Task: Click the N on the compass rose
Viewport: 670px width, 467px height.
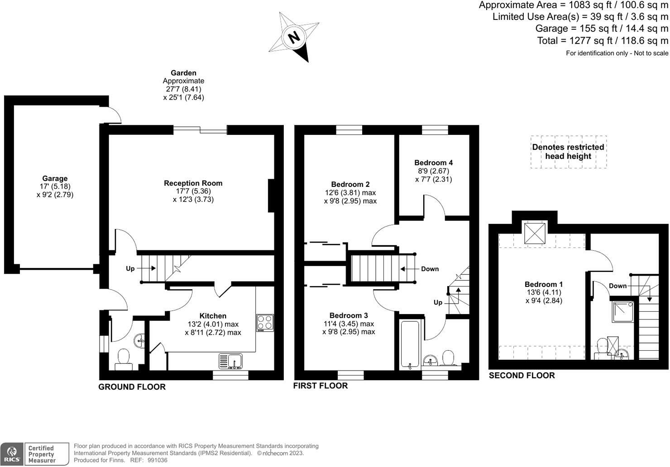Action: pyautogui.click(x=294, y=38)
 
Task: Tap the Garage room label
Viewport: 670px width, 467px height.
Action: pyautogui.click(x=55, y=178)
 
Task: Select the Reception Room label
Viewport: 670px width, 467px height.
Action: pyautogui.click(x=193, y=183)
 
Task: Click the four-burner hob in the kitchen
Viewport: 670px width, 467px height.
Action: pyautogui.click(x=265, y=323)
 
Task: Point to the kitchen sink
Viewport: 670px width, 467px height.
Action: pyautogui.click(x=230, y=361)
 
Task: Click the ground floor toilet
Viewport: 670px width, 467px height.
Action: pyautogui.click(x=124, y=360)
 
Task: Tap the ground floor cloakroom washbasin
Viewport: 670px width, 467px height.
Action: pyautogui.click(x=140, y=341)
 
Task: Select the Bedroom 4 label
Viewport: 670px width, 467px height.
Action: pyautogui.click(x=433, y=162)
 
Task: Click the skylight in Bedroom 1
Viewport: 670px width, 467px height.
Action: pyautogui.click(x=535, y=233)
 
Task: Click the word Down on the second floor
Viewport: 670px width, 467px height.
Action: pyautogui.click(x=617, y=286)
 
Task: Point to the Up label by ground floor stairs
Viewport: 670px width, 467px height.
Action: pyautogui.click(x=130, y=268)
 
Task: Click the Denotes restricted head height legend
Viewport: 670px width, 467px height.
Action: pyautogui.click(x=568, y=152)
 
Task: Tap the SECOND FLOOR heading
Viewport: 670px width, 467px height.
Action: pyautogui.click(x=522, y=376)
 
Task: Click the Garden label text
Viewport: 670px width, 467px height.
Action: pyautogui.click(x=183, y=73)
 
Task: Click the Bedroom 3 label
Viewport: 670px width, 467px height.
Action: pyautogui.click(x=349, y=315)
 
